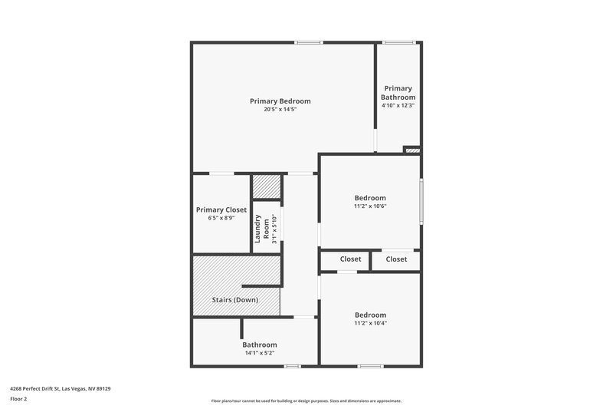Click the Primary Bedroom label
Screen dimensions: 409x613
coord(280,101)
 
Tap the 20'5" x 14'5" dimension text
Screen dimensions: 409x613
coord(280,110)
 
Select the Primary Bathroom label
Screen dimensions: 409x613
coord(399,93)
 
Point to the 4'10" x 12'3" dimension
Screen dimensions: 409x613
coord(399,106)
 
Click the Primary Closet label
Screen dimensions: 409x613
coord(221,209)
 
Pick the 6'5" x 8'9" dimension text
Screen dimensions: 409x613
coord(221,218)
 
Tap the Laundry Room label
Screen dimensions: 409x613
coord(267,227)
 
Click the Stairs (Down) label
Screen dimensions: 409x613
coord(235,299)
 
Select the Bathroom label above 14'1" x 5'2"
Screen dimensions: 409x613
coord(260,345)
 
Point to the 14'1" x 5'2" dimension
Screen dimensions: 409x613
coord(260,353)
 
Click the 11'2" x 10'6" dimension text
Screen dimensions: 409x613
coord(370,206)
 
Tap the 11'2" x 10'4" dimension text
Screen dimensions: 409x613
coord(370,323)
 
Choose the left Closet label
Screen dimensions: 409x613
coord(345,259)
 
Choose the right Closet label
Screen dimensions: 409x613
coord(396,259)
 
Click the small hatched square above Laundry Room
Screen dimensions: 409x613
coord(267,187)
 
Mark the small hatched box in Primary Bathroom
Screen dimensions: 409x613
coord(412,150)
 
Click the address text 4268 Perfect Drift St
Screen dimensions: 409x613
coord(61,389)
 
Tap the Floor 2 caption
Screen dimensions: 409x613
coord(19,399)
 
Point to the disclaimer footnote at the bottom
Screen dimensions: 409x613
coord(306,401)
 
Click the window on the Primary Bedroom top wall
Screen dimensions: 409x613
coord(309,42)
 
